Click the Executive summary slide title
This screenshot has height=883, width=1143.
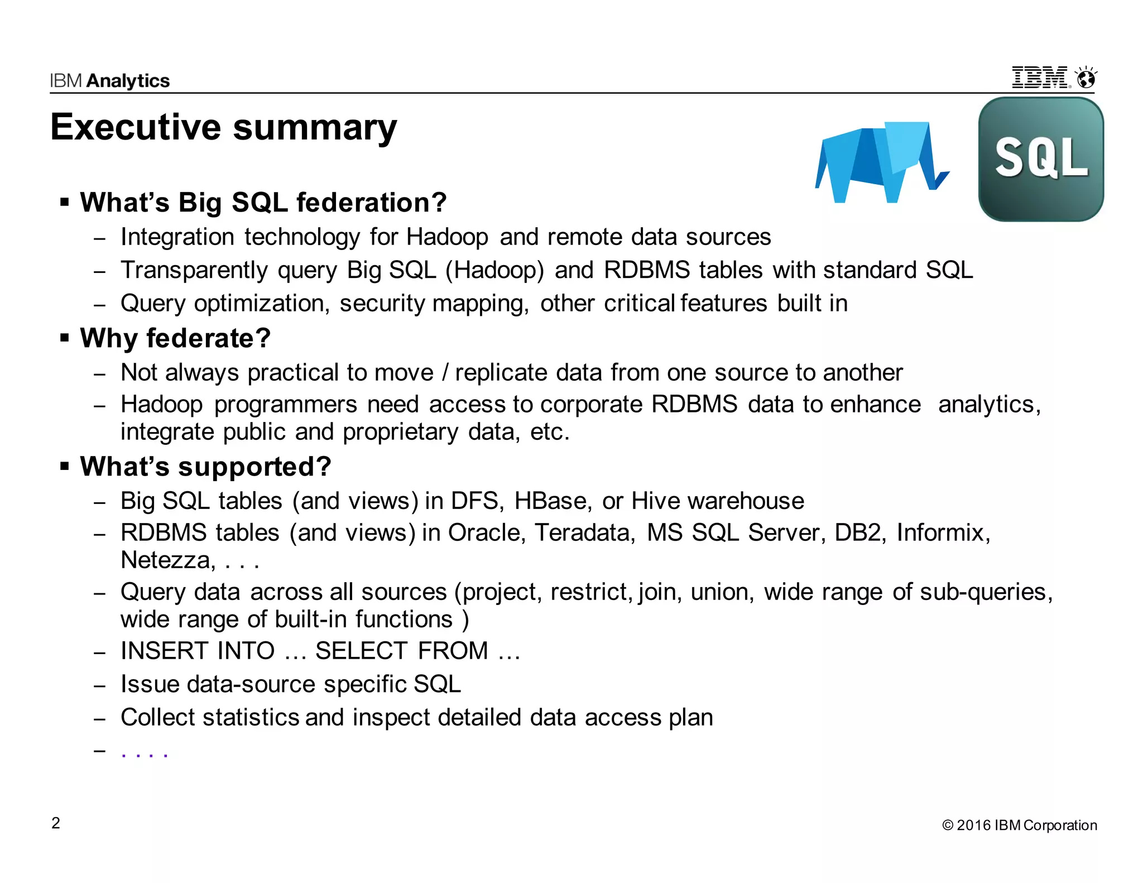pos(223,127)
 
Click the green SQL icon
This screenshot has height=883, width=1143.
pos(1041,160)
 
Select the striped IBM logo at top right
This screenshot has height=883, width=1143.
pos(1041,78)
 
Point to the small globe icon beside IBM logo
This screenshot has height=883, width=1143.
pos(1086,78)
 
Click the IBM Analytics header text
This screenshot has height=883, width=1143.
pos(109,81)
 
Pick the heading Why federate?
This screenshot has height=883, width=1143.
pos(175,338)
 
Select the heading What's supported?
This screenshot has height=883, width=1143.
pos(205,467)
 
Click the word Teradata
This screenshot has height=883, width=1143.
pos(584,533)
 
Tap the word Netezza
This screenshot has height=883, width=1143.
pos(167,560)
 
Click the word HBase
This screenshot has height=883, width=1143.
pos(551,501)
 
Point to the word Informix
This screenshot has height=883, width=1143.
pos(942,533)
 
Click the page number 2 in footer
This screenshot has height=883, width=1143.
pos(56,823)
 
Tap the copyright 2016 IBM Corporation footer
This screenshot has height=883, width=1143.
pos(1019,826)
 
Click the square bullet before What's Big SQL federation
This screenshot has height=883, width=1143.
pos(65,201)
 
